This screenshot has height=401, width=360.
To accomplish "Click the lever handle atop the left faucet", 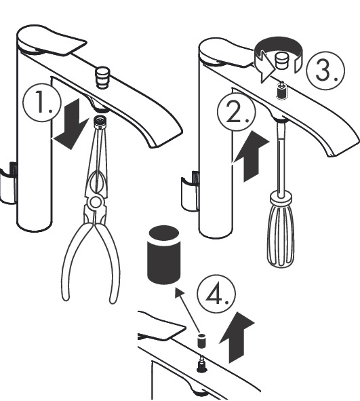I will (x=47, y=42).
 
